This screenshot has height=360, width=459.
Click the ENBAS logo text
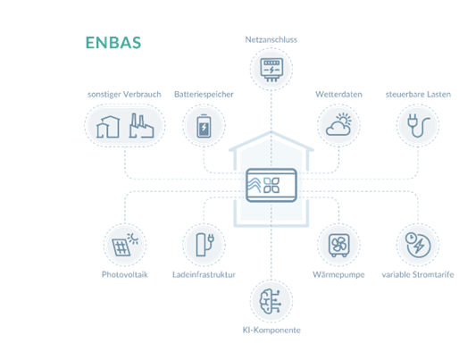113,43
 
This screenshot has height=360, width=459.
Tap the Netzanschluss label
271,39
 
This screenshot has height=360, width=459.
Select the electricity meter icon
271,70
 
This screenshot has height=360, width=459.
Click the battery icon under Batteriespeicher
204,126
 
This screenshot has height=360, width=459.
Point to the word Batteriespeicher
204,95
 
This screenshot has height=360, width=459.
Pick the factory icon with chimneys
141,126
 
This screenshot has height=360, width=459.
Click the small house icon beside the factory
108,127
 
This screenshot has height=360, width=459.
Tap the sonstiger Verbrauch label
124,95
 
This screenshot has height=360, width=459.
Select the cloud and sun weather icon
338,124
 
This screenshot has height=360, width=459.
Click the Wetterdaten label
338,95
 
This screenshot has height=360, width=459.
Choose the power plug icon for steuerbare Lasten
418,125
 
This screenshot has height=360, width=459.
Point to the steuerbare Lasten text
418,95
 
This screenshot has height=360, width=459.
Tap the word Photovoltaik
125,274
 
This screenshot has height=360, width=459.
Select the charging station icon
204,245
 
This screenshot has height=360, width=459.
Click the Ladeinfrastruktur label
204,274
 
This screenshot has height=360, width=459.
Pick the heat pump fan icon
338,246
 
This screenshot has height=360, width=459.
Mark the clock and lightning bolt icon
418,245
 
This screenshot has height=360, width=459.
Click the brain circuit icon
271,301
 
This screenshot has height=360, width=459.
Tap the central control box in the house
271,185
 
